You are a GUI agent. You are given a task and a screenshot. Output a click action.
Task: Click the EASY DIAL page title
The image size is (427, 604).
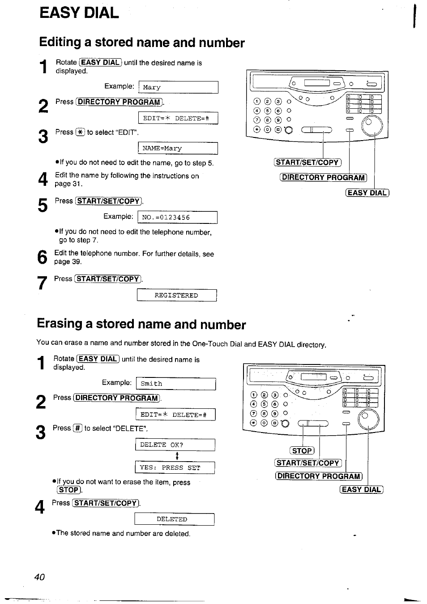tap(79, 13)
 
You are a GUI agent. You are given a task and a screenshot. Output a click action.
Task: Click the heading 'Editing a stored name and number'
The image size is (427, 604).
tap(142, 43)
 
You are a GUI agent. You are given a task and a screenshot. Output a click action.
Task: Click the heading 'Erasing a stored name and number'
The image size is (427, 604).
tap(141, 324)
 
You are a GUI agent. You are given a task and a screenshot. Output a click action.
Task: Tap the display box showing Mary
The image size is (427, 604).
tap(178, 87)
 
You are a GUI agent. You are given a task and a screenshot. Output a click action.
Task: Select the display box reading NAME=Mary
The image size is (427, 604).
tap(178, 148)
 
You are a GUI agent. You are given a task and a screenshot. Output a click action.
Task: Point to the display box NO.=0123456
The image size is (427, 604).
tap(178, 218)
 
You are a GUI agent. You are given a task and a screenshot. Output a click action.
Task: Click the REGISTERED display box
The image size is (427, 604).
tap(176, 296)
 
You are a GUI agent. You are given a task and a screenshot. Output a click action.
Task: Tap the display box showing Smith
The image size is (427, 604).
tap(175, 384)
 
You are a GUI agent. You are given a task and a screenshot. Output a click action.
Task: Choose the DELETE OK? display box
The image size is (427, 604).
tap(175, 445)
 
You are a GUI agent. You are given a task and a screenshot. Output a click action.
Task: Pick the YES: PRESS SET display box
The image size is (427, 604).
tap(175, 467)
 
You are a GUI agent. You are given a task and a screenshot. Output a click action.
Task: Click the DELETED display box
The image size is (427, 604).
tap(174, 519)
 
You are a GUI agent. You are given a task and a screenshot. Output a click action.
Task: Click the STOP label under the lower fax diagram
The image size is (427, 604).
tap(302, 451)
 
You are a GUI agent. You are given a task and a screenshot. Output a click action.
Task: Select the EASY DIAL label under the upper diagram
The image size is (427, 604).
tap(367, 193)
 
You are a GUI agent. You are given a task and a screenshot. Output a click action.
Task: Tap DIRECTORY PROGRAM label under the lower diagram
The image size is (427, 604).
tap(319, 476)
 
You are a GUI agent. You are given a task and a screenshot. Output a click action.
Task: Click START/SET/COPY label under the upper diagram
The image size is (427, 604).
tap(307, 163)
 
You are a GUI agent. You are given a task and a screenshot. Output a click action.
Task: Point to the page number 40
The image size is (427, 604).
tap(39, 577)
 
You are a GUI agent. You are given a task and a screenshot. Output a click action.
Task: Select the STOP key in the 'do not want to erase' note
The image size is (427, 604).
tap(68, 490)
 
